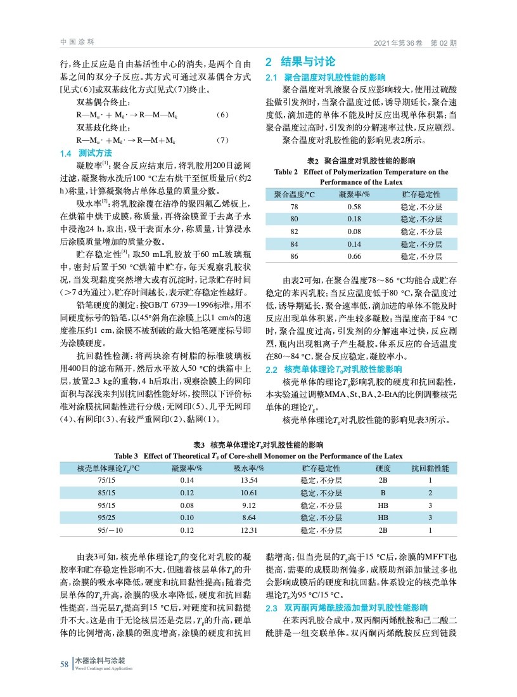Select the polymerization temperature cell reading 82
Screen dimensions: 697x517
coord(294,231)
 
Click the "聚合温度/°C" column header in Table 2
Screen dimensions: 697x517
coord(294,194)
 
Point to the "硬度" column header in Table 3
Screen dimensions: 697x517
coord(383,467)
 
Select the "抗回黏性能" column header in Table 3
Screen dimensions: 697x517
coord(430,467)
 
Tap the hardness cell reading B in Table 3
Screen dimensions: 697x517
coord(383,493)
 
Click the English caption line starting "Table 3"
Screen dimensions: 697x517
coord(258,455)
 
